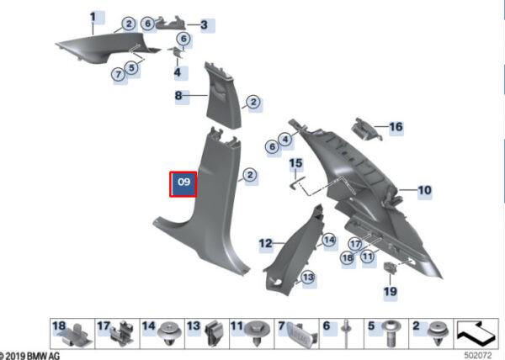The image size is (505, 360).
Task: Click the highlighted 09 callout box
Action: pyautogui.click(x=183, y=184)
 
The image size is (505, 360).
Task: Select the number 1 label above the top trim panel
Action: pyautogui.click(x=93, y=17)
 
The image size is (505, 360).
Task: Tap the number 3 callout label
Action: pyautogui.click(x=205, y=24)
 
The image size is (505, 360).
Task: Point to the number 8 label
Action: pyautogui.click(x=178, y=96)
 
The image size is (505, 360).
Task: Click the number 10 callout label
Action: pyautogui.click(x=424, y=190)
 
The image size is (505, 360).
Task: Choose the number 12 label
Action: pyautogui.click(x=266, y=244)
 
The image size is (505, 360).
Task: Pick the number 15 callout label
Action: pyautogui.click(x=296, y=163)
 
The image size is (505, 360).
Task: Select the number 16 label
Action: pyautogui.click(x=396, y=127)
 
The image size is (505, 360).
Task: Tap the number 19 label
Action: pyautogui.click(x=391, y=292)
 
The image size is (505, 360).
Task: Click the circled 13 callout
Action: pyautogui.click(x=308, y=277)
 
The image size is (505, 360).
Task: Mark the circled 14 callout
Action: pyautogui.click(x=329, y=240)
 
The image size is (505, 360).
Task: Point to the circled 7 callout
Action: pyautogui.click(x=119, y=75)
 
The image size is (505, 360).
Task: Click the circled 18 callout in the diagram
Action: pyautogui.click(x=348, y=258)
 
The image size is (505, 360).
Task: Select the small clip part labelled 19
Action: pyautogui.click(x=390, y=267)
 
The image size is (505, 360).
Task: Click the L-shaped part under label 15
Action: pyautogui.click(x=297, y=183)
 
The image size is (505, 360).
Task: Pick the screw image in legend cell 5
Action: pyautogui.click(x=391, y=334)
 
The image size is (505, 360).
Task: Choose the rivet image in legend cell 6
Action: pyautogui.click(x=346, y=333)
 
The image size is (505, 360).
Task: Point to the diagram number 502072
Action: pyautogui.click(x=478, y=356)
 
